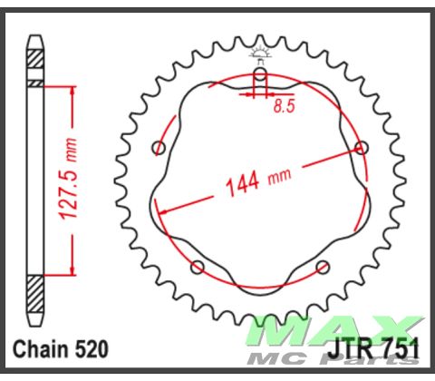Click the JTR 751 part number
pyautogui.click(x=373, y=350)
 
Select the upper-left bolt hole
pyautogui.click(x=159, y=147)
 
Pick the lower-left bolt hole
pyautogui.click(x=198, y=266)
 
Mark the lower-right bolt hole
pyautogui.click(x=323, y=266)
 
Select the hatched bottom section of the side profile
pyautogui.click(x=34, y=297)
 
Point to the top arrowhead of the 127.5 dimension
pyautogui.click(x=72, y=89)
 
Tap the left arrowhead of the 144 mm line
pyautogui.click(x=161, y=210)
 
